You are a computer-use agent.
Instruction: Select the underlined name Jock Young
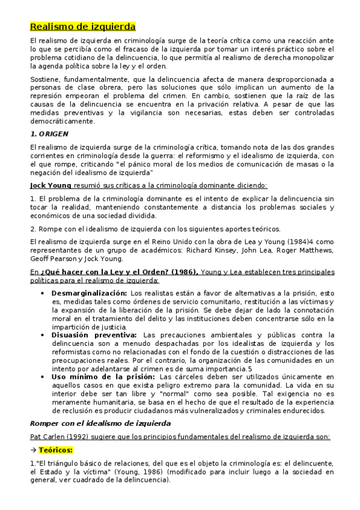[50, 185]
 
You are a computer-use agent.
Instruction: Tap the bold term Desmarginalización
[90, 293]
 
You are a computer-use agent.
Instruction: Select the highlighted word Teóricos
[56, 449]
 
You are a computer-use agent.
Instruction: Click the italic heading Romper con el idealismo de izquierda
[100, 423]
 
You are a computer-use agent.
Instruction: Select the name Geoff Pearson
[55, 259]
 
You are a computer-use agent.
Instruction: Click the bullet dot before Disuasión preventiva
[41, 335]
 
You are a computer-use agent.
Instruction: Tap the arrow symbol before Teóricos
[33, 449]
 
